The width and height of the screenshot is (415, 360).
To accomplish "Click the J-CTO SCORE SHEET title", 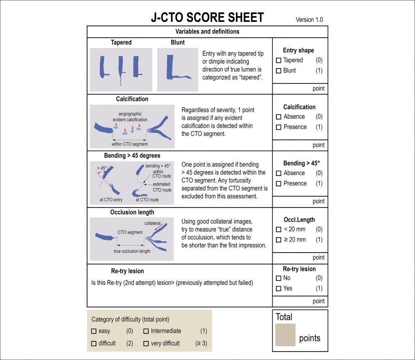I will [207, 17].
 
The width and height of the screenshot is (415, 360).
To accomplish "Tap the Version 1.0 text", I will [309, 19].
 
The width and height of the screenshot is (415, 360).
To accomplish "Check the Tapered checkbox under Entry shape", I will [278, 60].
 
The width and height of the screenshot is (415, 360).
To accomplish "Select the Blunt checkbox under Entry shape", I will [278, 71].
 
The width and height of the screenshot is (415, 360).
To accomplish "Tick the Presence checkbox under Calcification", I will [278, 127].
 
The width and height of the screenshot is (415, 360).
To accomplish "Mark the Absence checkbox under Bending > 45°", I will [278, 174].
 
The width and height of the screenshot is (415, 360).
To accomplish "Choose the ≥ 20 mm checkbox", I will [278, 240].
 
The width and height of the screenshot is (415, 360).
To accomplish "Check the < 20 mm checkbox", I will [278, 230].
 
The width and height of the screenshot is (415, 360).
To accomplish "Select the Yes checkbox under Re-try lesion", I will [278, 289].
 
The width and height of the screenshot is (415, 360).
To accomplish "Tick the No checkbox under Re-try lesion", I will [278, 279].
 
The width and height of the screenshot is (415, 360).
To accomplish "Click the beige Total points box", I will [285, 335].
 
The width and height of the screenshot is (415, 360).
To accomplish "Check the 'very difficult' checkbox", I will [146, 344].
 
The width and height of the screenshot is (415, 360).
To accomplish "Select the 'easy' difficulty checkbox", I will [94, 331].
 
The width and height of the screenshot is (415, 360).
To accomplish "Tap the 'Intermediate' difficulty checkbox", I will [146, 331].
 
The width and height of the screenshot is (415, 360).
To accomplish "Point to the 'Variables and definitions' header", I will [207, 32].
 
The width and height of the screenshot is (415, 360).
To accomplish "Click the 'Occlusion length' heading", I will [132, 212].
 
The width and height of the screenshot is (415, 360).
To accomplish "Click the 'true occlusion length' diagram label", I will [132, 251].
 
